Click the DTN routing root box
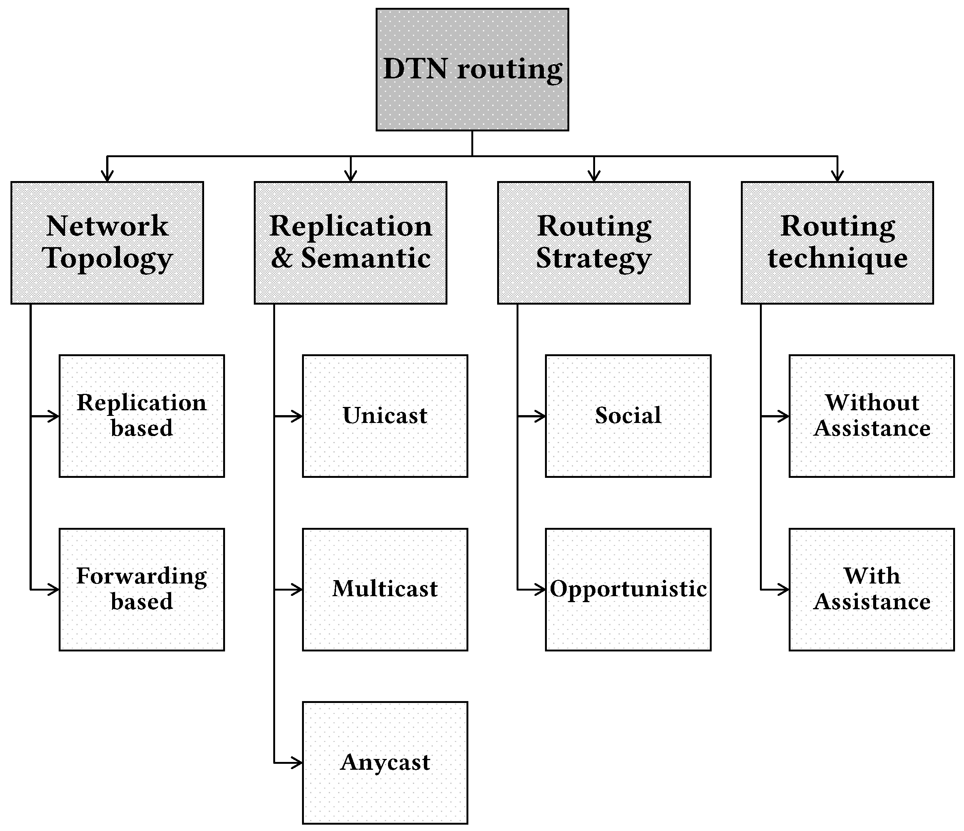point(472,70)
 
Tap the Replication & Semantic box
point(350,243)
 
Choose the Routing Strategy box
point(594,243)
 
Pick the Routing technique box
point(837,243)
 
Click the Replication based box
point(142,416)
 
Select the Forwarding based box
point(142,589)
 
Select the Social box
point(628,416)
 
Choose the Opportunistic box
point(628,589)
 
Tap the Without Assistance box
point(871,416)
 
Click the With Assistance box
point(871,589)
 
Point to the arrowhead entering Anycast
point(298,763)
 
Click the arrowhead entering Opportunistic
point(540,590)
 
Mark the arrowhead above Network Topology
point(108,177)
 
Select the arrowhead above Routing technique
point(837,177)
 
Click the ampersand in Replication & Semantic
point(281,258)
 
